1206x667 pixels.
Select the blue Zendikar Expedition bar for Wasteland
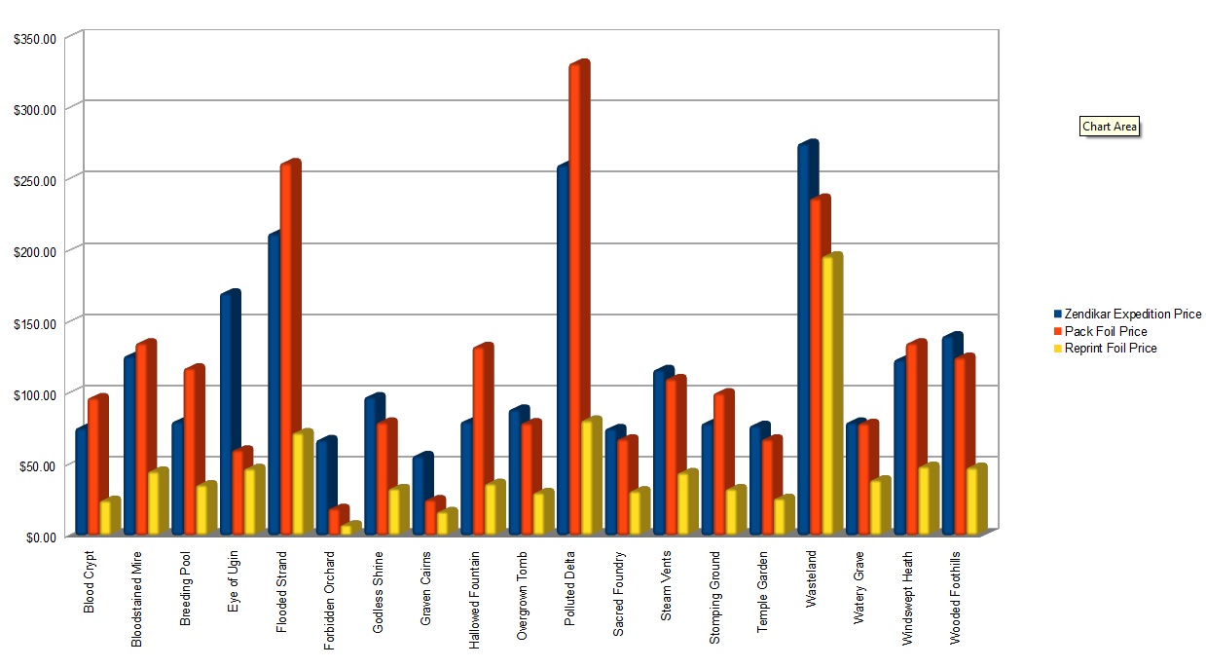806,341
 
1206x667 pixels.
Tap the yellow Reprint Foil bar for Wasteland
829,394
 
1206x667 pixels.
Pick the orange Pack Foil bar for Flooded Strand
288,346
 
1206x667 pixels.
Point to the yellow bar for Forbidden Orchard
347,529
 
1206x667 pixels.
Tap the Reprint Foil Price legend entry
1110,348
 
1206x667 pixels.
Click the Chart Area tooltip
1109,127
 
